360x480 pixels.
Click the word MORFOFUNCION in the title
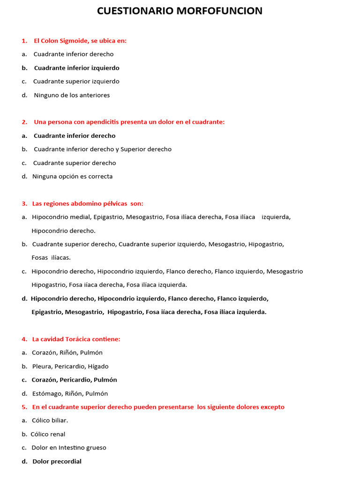click(219, 11)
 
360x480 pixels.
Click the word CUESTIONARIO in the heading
click(135, 11)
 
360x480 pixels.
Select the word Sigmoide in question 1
click(75, 41)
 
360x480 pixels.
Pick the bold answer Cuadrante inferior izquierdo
click(76, 68)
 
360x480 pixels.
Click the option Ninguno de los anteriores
click(72, 95)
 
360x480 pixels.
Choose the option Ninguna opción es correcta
click(72, 177)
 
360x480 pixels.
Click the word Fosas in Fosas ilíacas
click(40, 258)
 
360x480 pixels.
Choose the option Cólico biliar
click(50, 420)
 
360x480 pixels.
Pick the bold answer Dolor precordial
click(57, 462)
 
